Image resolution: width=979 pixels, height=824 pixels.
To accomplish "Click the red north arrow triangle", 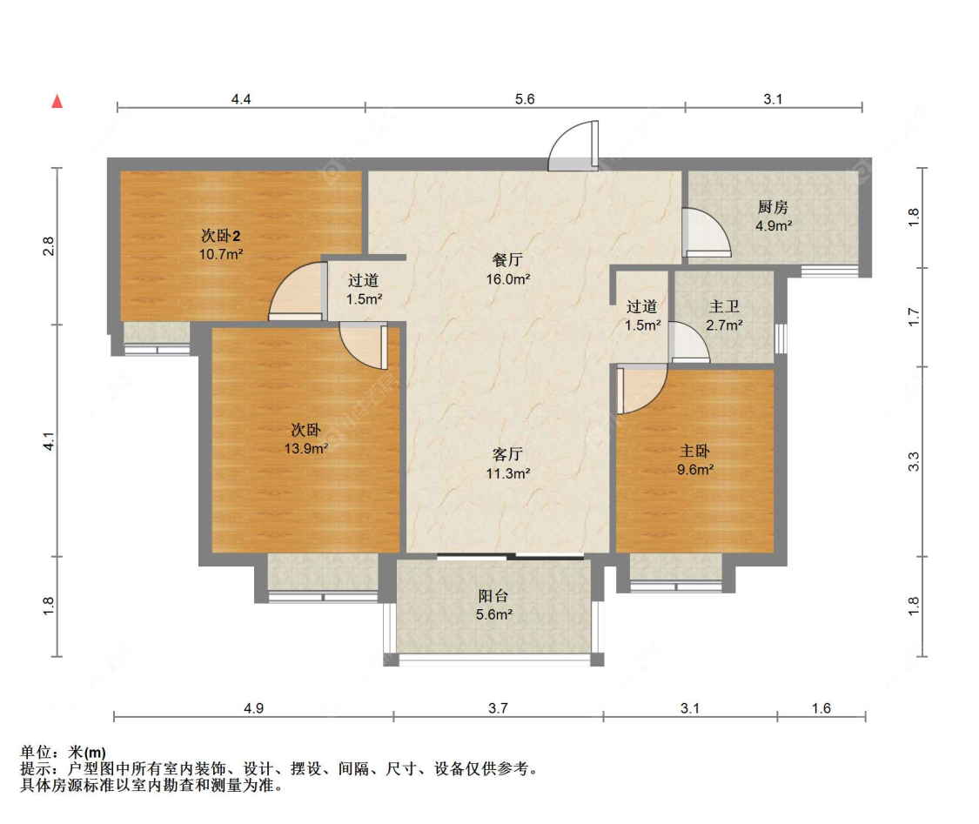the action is tap(57, 101).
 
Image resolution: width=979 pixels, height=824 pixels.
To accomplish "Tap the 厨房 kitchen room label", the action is tap(773, 206).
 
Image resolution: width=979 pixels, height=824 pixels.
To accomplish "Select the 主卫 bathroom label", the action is tap(724, 306).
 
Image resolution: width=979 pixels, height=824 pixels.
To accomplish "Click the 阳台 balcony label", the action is tap(493, 596).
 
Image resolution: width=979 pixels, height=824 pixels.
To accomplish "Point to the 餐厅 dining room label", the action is tap(507, 259).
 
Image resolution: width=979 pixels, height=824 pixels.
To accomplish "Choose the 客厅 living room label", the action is tap(507, 454).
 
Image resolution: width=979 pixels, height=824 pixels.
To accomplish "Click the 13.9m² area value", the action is tap(306, 448).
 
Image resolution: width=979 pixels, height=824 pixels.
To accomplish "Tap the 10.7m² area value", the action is tap(220, 254).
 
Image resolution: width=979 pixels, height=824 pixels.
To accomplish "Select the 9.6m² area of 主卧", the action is tap(695, 470).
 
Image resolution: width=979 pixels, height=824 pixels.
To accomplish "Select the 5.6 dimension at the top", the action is tap(525, 99).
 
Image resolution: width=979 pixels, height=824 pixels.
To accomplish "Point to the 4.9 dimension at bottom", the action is tap(253, 708).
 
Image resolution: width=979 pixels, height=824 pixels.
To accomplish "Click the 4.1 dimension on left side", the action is tap(49, 441).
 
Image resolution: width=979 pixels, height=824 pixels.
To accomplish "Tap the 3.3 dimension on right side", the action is tap(914, 461).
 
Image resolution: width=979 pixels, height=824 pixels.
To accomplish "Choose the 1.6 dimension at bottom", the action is tap(821, 708).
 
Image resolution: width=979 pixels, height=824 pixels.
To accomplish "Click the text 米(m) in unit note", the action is tap(87, 753).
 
